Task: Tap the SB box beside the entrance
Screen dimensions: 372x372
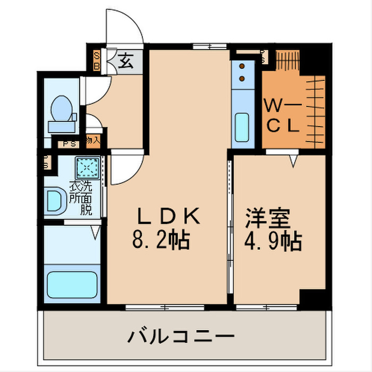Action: coord(97,60)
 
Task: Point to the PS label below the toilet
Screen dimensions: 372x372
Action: coord(68,143)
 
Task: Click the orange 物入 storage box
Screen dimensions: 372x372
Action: coord(92,141)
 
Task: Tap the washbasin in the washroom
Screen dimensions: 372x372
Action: coord(55,201)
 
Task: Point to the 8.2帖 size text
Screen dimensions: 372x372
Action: coord(160,242)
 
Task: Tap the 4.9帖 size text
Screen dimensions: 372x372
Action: coord(273,242)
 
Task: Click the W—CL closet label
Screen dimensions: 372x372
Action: coord(283,116)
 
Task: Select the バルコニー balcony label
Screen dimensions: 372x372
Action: coord(181,336)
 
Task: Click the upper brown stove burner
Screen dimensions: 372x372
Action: coord(242,67)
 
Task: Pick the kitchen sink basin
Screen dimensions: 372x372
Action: coord(243,125)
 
